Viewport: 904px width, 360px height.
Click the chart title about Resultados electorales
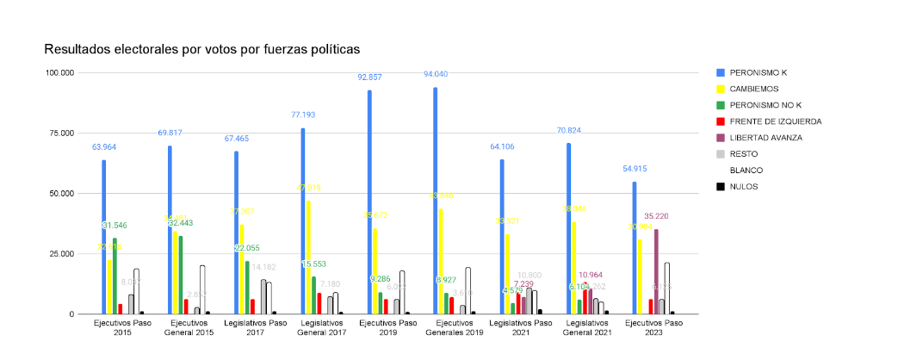[x=201, y=49]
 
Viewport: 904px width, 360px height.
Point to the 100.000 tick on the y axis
[x=59, y=72]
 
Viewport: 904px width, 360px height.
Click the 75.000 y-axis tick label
[x=62, y=133]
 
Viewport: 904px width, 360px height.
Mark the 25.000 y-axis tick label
[x=62, y=254]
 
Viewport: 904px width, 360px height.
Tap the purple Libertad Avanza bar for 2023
[x=656, y=271]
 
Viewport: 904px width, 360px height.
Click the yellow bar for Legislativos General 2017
[x=309, y=258]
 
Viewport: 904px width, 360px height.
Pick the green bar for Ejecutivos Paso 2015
[x=115, y=276]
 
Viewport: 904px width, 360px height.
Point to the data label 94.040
[x=436, y=75]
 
